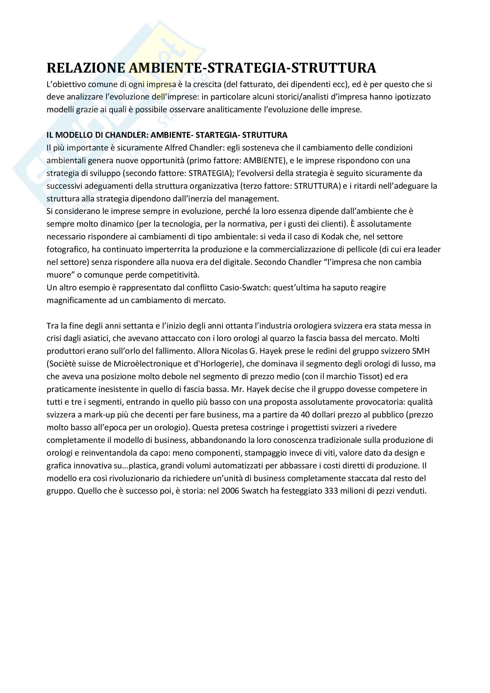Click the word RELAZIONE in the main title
(86, 68)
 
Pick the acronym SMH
(421, 351)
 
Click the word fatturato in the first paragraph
(256, 84)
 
